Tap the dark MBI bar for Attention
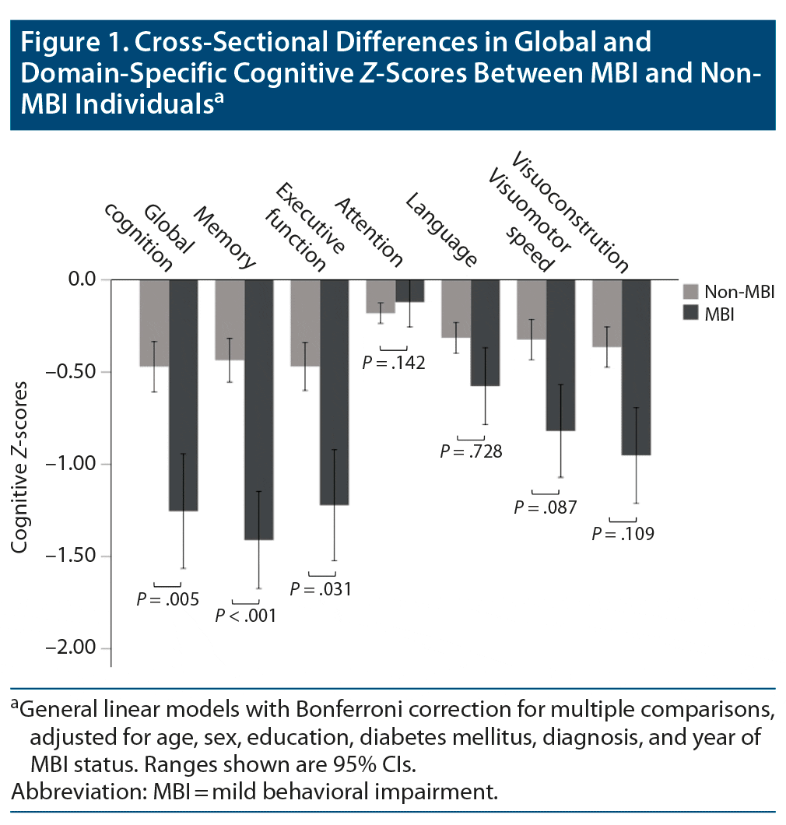(x=410, y=290)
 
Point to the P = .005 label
(x=167, y=599)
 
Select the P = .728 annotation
(x=471, y=451)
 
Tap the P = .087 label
(x=546, y=507)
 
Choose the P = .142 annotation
(x=394, y=362)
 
